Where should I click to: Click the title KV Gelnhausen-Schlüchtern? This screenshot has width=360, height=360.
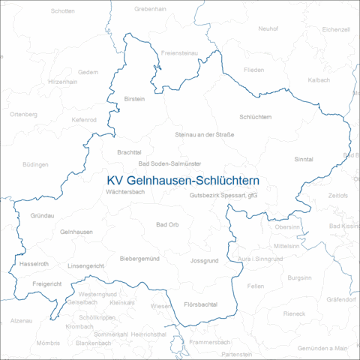pyautogui.click(x=183, y=181)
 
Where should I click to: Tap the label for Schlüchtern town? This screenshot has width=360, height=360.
pyautogui.click(x=255, y=117)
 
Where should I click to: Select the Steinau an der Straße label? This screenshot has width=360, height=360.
pyautogui.click(x=204, y=135)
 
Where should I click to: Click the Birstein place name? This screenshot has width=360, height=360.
pyautogui.click(x=133, y=98)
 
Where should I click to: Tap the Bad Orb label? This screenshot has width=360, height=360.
pyautogui.click(x=167, y=225)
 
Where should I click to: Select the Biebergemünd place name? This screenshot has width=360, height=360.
pyautogui.click(x=140, y=259)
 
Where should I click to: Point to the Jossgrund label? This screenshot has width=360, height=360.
pyautogui.click(x=204, y=260)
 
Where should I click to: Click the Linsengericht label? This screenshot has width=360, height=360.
pyautogui.click(x=85, y=266)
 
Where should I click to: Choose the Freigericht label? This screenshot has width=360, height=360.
pyautogui.click(x=47, y=284)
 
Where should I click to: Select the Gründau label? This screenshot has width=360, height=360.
pyautogui.click(x=43, y=215)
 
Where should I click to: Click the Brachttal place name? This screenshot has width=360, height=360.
pyautogui.click(x=129, y=152)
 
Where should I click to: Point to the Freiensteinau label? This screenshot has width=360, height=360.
pyautogui.click(x=179, y=52)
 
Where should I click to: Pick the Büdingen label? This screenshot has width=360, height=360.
pyautogui.click(x=35, y=163)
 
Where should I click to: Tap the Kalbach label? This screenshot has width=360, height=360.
pyautogui.click(x=318, y=79)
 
